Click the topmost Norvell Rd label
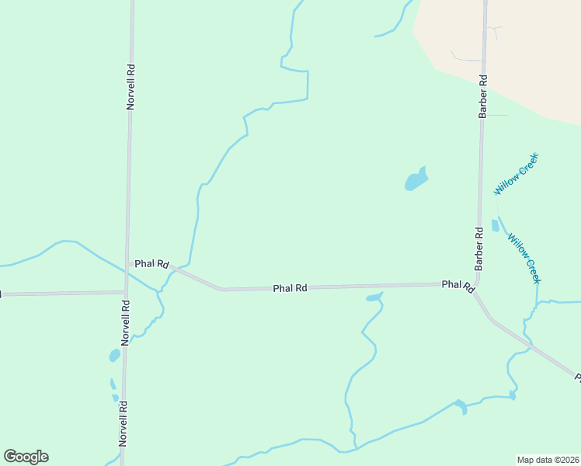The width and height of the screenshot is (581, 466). point(130,86)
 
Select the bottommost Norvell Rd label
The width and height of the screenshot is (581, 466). point(123,423)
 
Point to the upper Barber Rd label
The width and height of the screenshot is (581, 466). point(482,96)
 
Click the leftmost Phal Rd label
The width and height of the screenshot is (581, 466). point(151,264)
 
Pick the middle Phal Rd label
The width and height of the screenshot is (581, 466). point(290,288)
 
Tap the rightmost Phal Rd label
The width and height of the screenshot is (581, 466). point(457,285)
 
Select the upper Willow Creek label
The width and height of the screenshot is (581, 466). point(516,174)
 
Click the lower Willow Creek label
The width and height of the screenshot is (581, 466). point(524,259)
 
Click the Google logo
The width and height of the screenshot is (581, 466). point(26,457)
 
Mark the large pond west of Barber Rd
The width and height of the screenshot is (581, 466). point(416,180)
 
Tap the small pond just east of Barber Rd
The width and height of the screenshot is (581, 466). point(496,225)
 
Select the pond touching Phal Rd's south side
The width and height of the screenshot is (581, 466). point(374,297)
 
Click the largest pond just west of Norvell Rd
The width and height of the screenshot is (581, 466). point(114,356)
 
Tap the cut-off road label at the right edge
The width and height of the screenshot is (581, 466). point(577,377)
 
